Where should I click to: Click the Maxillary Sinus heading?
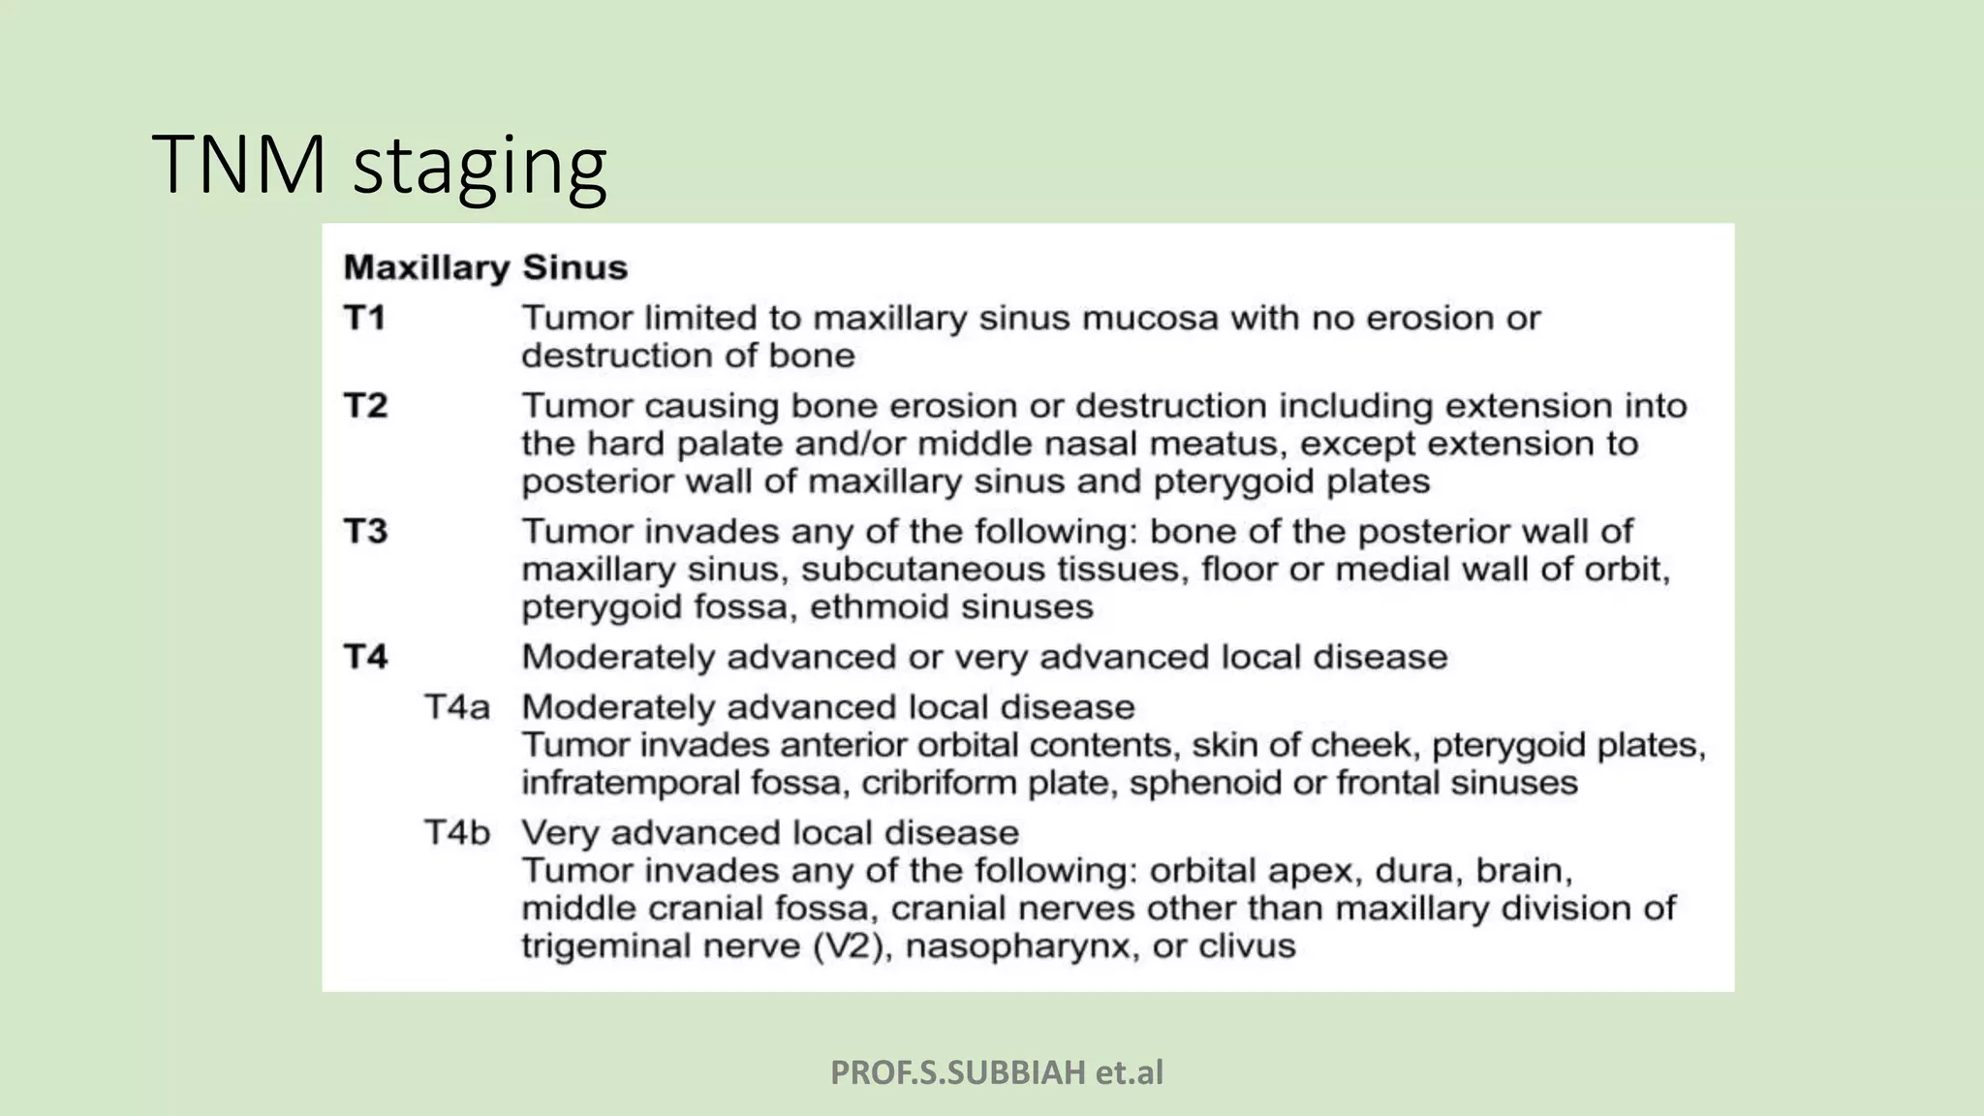tap(485, 267)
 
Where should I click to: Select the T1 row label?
tap(364, 318)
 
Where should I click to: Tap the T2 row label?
tap(365, 405)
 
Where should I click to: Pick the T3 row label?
tap(365, 531)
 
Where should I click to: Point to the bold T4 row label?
tap(365, 657)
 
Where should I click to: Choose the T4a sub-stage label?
tap(456, 707)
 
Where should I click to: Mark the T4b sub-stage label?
tap(457, 833)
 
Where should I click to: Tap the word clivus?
tap(1247, 946)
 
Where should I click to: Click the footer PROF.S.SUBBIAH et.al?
tap(997, 1072)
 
